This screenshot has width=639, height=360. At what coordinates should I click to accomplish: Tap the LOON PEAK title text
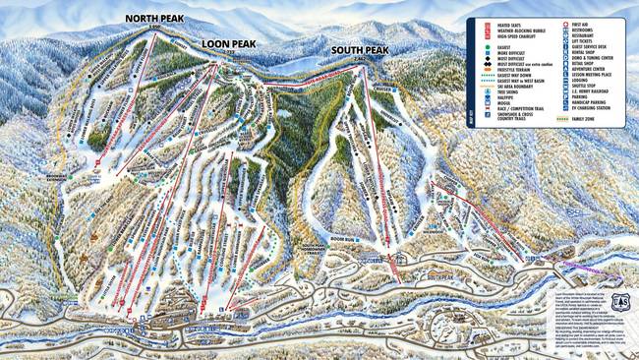coord(228,44)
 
